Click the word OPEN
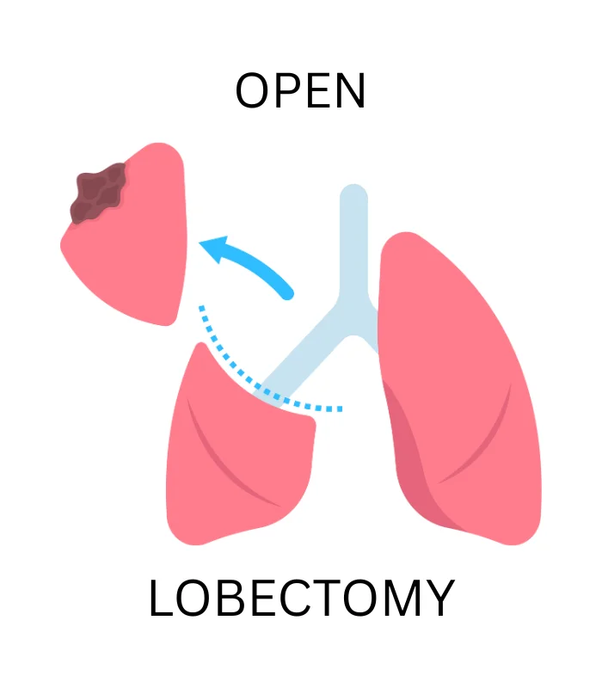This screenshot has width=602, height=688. coord(300,91)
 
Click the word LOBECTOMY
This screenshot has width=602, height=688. coord(300,599)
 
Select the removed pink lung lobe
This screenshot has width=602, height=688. coord(138,249)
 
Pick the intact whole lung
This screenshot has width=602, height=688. coord(456,378)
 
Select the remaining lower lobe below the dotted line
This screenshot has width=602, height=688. coord(232,464)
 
